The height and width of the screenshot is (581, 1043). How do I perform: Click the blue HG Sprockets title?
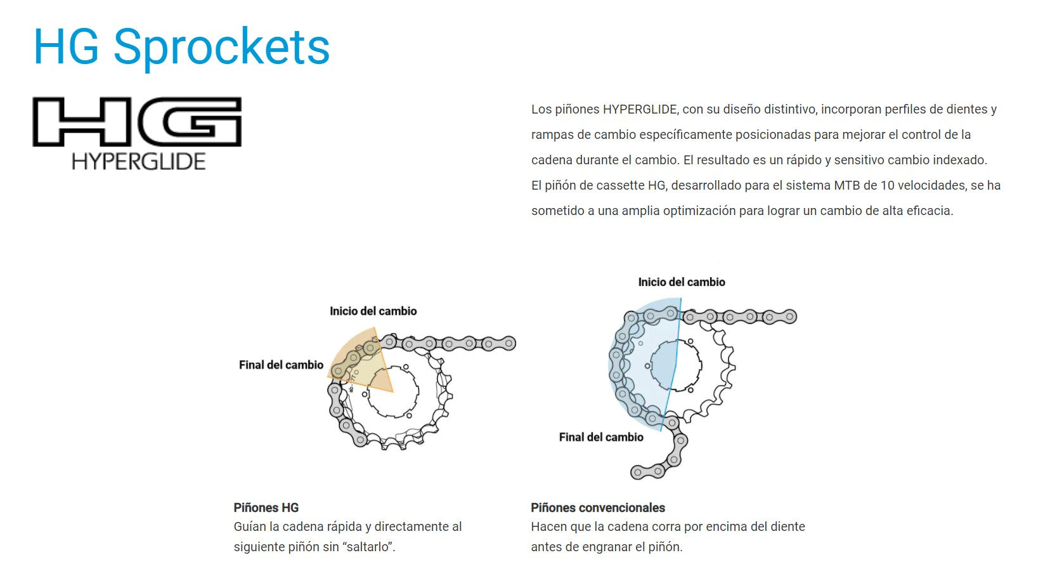[181, 47]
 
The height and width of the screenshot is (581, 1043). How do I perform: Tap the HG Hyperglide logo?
[137, 133]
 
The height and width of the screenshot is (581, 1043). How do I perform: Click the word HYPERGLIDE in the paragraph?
[640, 109]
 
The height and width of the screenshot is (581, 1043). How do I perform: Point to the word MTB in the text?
[846, 185]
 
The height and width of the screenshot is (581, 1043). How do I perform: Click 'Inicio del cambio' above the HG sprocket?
[373, 311]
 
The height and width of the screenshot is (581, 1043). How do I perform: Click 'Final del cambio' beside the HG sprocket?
[281, 365]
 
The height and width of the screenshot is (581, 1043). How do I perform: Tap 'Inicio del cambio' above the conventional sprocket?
[682, 282]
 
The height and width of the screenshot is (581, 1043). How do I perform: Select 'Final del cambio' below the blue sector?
[601, 437]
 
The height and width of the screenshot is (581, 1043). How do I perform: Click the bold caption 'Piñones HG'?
[266, 507]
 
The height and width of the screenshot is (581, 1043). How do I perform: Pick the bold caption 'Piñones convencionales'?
[598, 507]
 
